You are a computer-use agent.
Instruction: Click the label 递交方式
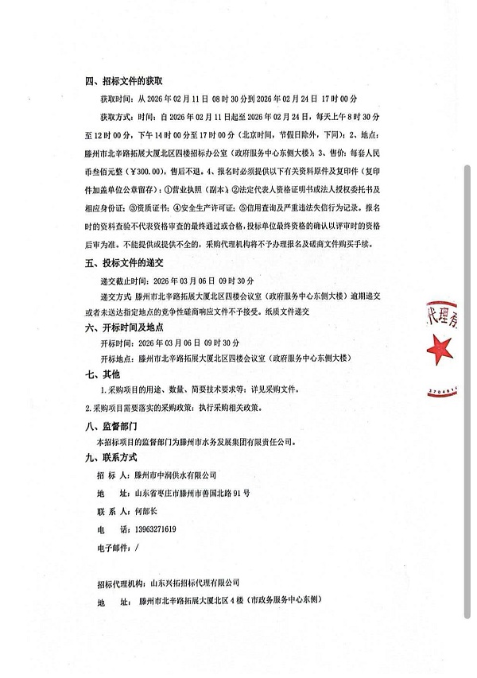[x=116, y=297]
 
